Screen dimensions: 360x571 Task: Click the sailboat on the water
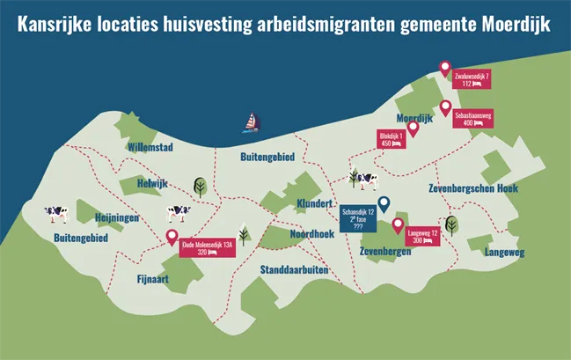click(253, 122)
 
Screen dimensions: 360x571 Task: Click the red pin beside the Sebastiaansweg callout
click(446, 108)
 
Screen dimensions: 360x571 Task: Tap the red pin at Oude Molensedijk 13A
click(172, 237)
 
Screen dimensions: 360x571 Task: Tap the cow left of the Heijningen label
click(57, 212)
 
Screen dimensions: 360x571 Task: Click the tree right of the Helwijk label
click(200, 186)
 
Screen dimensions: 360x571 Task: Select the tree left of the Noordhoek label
click(244, 235)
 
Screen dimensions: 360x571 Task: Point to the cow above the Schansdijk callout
click(364, 180)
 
